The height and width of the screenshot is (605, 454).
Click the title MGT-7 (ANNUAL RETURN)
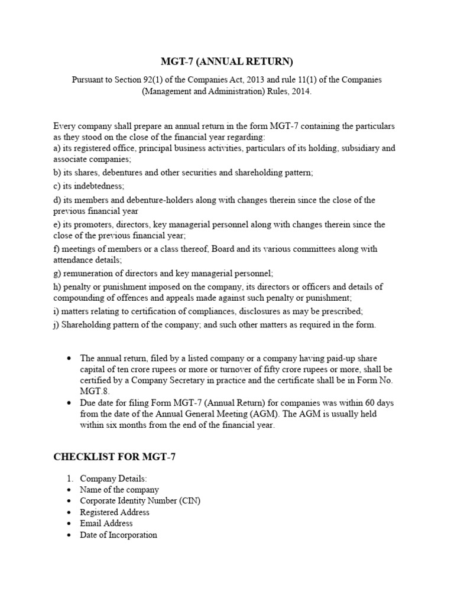point(227,61)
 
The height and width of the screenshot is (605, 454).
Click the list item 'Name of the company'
point(120,490)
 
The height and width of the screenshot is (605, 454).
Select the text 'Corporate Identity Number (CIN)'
point(141,501)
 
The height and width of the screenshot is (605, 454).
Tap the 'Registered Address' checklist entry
point(115,512)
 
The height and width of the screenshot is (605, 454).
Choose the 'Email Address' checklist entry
point(106,523)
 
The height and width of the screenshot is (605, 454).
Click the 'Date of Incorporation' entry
point(119,535)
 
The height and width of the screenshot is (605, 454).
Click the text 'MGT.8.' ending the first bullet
point(95,392)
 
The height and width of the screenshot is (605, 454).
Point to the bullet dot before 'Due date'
point(70,403)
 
